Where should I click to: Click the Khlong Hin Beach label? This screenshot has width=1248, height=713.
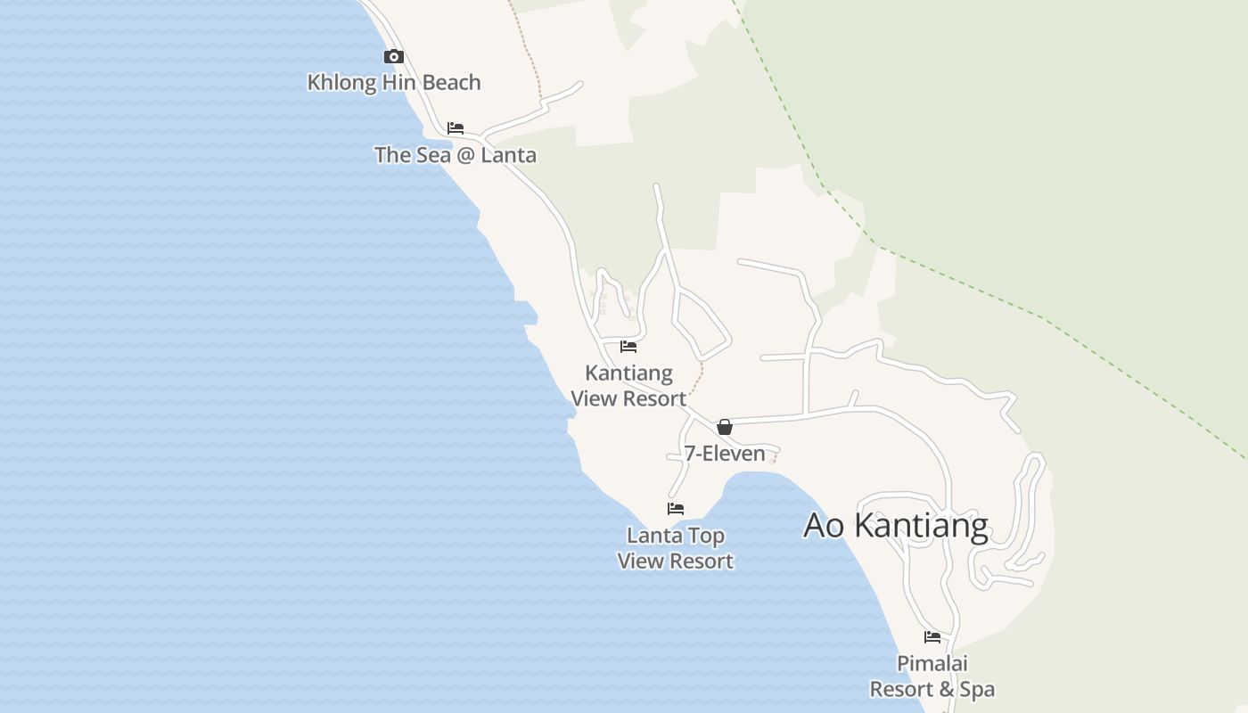(393, 83)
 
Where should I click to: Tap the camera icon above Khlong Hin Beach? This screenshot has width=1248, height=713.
(393, 57)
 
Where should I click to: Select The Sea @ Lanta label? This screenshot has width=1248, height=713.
(455, 155)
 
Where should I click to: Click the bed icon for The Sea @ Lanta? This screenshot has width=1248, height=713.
(456, 128)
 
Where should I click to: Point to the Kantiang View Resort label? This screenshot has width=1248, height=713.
(628, 386)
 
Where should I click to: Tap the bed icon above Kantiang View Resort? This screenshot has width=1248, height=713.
(628, 347)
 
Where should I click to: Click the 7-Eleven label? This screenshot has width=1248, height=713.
(725, 454)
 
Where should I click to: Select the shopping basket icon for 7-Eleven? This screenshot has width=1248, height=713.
(725, 427)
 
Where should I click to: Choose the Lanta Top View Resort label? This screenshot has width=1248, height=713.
(676, 548)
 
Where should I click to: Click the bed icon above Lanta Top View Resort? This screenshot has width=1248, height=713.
(676, 509)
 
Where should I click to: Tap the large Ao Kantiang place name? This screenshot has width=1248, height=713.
(896, 526)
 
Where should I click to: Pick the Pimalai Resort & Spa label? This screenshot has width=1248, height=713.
(932, 676)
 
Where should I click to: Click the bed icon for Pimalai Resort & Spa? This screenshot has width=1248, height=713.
(932, 637)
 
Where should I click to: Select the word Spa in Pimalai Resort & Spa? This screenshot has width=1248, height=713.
(978, 690)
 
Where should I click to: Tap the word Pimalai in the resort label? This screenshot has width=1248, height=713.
(932, 664)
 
